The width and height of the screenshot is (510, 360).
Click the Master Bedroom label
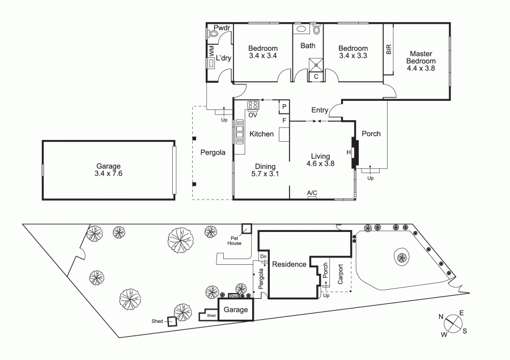click(x=421, y=57)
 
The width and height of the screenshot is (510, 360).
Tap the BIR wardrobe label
click(x=389, y=49)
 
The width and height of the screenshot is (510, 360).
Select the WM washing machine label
click(x=211, y=50)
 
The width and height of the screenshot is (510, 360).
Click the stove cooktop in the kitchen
click(x=253, y=105)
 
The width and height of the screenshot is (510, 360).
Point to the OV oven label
click(x=253, y=115)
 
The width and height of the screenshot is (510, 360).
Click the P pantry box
click(x=284, y=107)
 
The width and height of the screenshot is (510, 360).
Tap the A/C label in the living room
click(x=312, y=193)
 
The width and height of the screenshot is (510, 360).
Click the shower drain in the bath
click(x=316, y=65)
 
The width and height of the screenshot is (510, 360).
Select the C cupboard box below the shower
click(x=316, y=77)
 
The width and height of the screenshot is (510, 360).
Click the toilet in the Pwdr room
click(x=213, y=33)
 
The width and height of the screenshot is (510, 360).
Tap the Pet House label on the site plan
click(x=234, y=241)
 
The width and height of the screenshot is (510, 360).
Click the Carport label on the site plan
click(x=340, y=274)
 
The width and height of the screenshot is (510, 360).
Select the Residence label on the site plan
click(x=289, y=264)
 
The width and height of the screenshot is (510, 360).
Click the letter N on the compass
click(x=441, y=317)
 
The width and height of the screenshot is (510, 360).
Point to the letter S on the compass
click(x=465, y=331)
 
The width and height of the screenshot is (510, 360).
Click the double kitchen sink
click(x=239, y=132)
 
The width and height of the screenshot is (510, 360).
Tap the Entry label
click(x=320, y=110)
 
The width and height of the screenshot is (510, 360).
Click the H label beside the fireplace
click(x=348, y=153)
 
